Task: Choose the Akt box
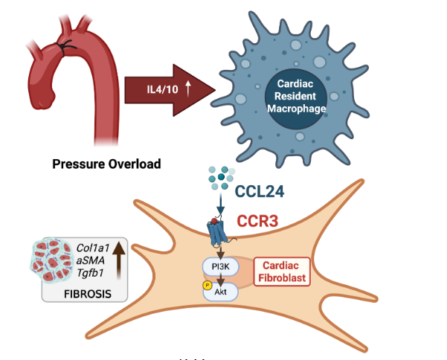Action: [x=221, y=292]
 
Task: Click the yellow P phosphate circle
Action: [x=197, y=285]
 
